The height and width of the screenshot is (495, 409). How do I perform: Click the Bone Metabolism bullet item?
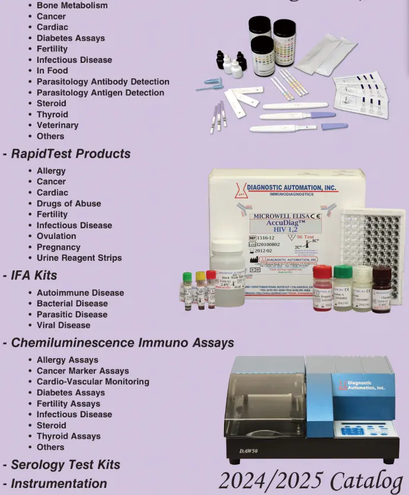click(x=72, y=5)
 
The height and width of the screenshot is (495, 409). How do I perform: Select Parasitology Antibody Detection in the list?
click(x=103, y=82)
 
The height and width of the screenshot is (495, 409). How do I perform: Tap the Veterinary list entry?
click(x=57, y=125)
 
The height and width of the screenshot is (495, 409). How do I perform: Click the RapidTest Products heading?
click(x=70, y=154)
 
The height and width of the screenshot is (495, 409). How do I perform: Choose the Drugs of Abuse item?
click(x=68, y=203)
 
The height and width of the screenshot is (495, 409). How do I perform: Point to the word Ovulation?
click(x=56, y=236)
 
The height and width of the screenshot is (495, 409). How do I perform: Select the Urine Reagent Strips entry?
click(x=79, y=258)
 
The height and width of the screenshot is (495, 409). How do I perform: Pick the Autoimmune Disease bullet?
click(x=80, y=293)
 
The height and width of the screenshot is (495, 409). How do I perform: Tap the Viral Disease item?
click(x=63, y=325)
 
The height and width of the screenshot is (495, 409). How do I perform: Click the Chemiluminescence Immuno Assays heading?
click(x=122, y=343)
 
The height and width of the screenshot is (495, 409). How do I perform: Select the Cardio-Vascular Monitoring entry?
click(x=92, y=382)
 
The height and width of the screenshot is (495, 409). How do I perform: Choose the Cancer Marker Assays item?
click(x=82, y=371)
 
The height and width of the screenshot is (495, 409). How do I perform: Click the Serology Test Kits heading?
click(x=65, y=465)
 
